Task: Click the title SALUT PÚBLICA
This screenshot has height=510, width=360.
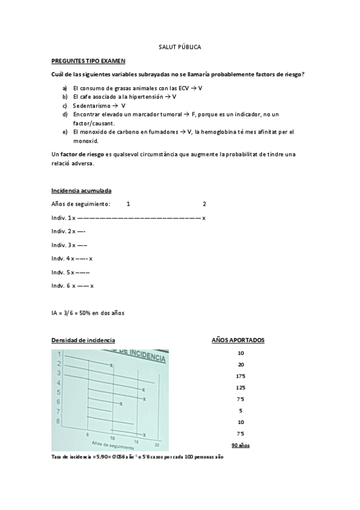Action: tap(180, 46)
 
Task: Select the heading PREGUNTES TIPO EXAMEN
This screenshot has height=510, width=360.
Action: tap(88, 61)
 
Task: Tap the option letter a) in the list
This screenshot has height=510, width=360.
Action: tap(64, 88)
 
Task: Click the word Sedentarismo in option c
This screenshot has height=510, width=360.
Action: tap(91, 105)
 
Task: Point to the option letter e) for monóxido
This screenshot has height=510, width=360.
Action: tap(64, 131)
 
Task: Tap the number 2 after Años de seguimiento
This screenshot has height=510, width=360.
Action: tap(204, 204)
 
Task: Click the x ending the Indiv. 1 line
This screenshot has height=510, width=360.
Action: tap(204, 218)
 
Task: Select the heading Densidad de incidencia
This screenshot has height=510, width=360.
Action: tap(84, 340)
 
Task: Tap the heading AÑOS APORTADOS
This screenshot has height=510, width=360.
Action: tap(238, 340)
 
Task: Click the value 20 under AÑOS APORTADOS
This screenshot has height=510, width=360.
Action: tap(240, 364)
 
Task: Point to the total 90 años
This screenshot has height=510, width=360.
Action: tap(240, 445)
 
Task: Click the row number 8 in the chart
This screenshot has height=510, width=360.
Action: tap(58, 420)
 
